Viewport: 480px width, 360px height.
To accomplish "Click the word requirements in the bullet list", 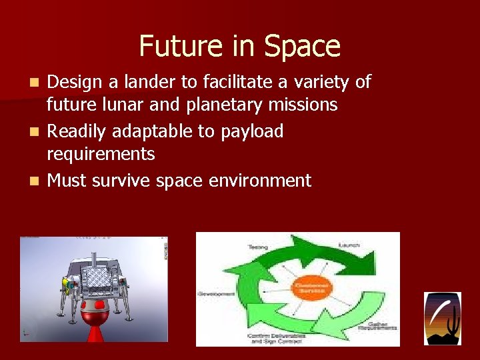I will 101,154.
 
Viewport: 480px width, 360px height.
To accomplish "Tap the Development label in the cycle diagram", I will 216,293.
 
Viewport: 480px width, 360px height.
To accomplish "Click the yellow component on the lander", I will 65,283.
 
